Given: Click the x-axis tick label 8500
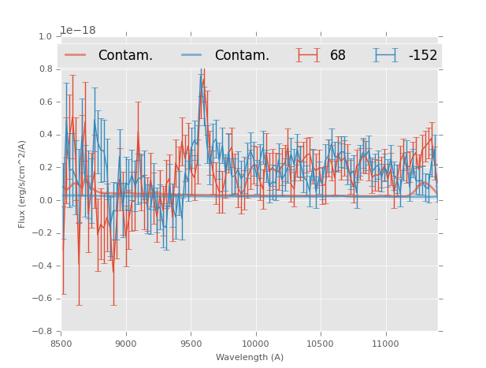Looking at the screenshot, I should (61, 344).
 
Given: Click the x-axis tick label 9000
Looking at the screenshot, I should (126, 344).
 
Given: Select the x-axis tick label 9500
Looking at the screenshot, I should (191, 344).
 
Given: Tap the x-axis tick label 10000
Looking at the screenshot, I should (255, 344).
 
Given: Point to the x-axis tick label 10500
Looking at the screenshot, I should (321, 344).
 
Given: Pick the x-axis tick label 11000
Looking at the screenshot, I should (385, 344).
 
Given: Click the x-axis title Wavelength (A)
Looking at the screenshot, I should (250, 357).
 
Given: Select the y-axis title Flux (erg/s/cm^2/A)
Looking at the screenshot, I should (23, 184).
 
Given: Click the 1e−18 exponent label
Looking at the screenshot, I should (78, 31).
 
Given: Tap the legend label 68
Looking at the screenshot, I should (338, 55).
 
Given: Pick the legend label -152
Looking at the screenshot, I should (423, 55).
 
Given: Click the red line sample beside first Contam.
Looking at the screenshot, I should (76, 55).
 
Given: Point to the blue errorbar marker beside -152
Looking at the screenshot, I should (386, 55).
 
